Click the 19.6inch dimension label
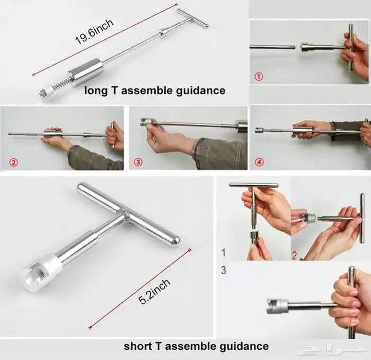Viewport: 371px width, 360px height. pos(94,32)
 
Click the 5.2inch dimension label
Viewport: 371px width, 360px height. pos(154,291)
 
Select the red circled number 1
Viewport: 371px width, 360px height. pos(259,76)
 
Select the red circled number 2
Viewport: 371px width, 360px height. pos(13,163)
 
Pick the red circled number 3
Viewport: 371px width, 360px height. pos(138,162)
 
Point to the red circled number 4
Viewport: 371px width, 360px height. pos(259,162)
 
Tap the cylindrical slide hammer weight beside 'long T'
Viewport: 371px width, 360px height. pos(86,71)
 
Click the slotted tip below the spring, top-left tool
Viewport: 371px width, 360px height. pos(46,93)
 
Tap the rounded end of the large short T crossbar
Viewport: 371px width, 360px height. pos(175,241)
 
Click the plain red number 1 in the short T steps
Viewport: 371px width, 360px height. pos(224,253)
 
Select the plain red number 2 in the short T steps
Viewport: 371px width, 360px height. pos(294,256)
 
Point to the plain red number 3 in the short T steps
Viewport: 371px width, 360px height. pos(224,270)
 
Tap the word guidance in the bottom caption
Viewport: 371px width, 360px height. pos(244,347)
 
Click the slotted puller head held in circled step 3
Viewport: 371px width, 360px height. pos(146,121)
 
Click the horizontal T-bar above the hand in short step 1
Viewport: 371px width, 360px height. pos(253,185)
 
